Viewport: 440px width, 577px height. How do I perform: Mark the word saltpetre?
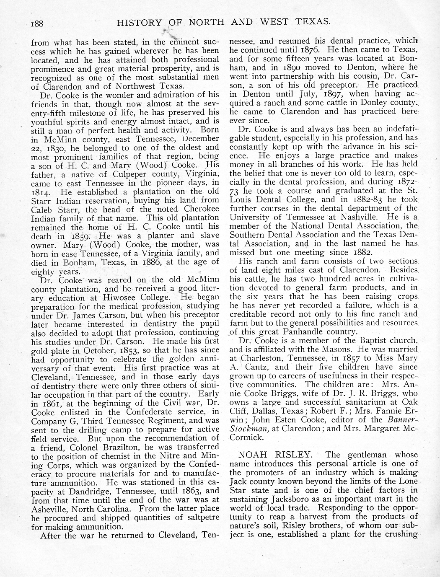click(200, 518)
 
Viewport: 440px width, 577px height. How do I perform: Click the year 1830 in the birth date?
click(52, 147)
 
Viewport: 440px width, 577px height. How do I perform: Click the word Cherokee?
click(197, 209)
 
